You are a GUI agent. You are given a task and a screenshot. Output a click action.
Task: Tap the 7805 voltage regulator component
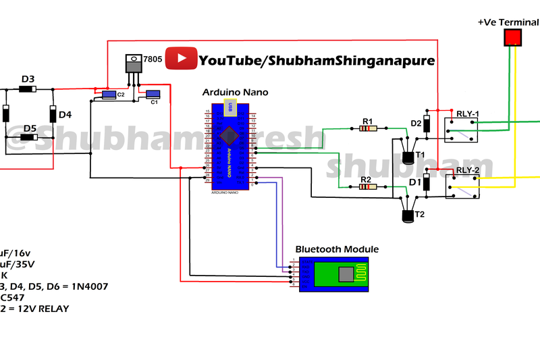pyautogui.click(x=134, y=68)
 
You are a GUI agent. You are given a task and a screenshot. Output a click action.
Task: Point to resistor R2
pyautogui.click(x=367, y=186)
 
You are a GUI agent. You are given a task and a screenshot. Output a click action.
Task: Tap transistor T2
pyautogui.click(x=408, y=215)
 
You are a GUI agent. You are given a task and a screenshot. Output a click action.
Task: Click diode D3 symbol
pyautogui.click(x=27, y=88)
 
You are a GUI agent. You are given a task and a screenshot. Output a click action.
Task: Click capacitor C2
pyautogui.click(x=108, y=95)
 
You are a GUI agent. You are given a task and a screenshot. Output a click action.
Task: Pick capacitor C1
pyautogui.click(x=153, y=95)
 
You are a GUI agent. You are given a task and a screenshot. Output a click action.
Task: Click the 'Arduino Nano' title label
pyautogui.click(x=235, y=92)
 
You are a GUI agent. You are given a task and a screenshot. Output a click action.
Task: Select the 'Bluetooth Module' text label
pyautogui.click(x=337, y=249)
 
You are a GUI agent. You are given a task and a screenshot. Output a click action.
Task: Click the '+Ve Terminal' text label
pyautogui.click(x=508, y=22)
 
